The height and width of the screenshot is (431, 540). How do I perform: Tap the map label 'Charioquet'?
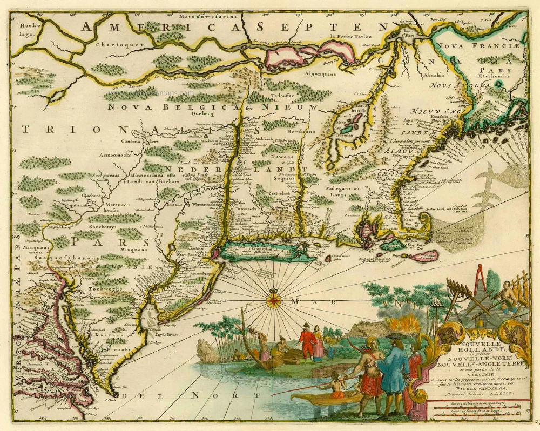(x=111, y=45)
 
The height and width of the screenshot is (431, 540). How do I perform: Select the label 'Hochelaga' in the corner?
(x=26, y=29)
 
